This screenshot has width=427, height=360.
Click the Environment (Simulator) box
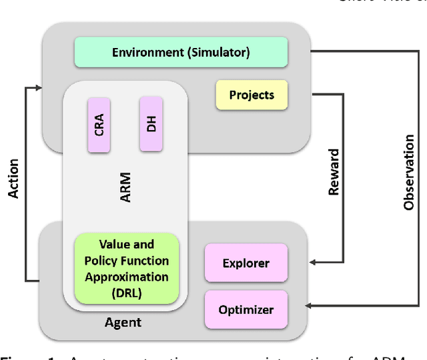click(x=181, y=52)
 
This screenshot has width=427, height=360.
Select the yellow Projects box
click(x=252, y=95)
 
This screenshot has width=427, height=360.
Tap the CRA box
click(x=99, y=125)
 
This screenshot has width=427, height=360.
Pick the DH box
click(x=151, y=123)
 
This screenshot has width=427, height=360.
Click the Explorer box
click(x=246, y=263)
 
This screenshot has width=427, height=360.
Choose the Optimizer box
click(x=246, y=309)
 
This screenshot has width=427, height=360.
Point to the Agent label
click(x=123, y=323)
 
